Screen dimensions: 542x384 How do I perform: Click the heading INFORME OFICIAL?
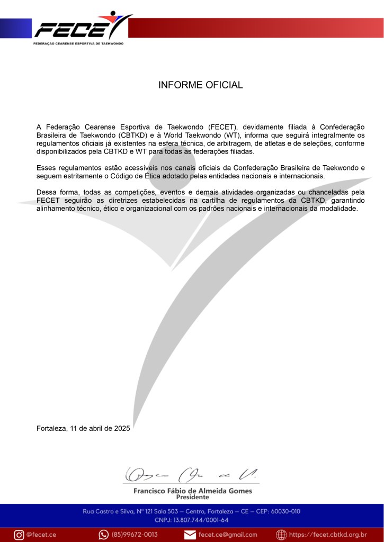[x=200, y=85]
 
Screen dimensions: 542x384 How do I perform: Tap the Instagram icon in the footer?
[x=19, y=534]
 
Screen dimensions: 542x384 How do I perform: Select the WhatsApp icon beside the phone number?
[x=103, y=534]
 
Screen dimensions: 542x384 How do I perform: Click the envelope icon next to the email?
[x=190, y=534]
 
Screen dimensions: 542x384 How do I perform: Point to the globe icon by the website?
[x=281, y=534]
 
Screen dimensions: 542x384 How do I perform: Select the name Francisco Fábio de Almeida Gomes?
[x=192, y=491]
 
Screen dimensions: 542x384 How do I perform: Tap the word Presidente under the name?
[x=192, y=498]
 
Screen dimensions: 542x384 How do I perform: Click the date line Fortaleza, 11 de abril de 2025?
[x=83, y=429]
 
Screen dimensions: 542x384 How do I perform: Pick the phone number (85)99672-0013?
[x=135, y=534]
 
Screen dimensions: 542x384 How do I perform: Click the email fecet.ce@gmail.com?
[x=228, y=534]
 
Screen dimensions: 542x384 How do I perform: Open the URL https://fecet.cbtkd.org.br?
[x=328, y=534]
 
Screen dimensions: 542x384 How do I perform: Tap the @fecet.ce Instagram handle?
[x=41, y=534]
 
